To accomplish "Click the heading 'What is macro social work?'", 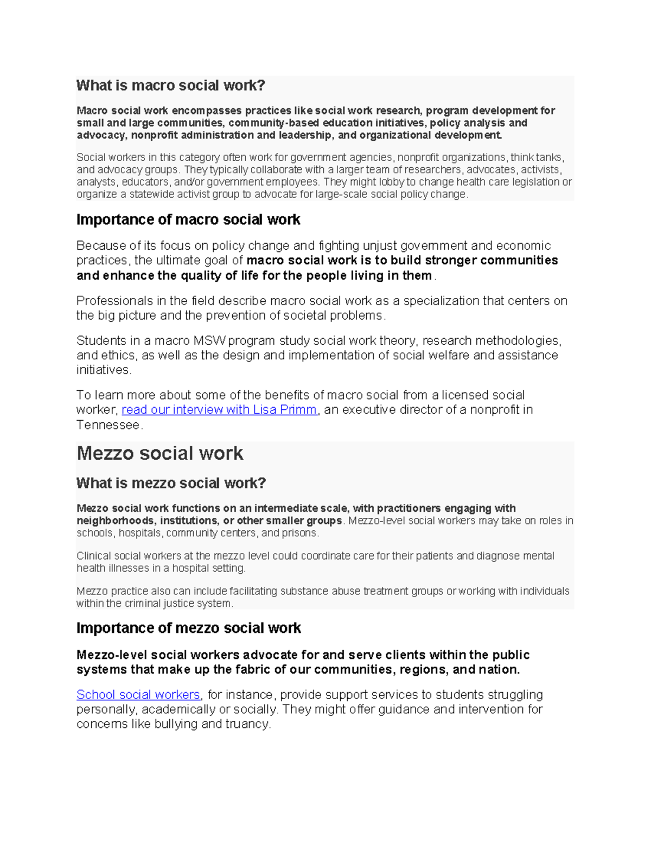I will click(170, 86).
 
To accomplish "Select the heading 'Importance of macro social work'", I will click(188, 220).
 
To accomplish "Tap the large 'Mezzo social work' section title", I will click(159, 453).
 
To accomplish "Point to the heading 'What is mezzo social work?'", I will click(171, 483).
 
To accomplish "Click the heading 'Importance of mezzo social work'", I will click(188, 628).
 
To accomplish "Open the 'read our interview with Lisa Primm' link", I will click(219, 410).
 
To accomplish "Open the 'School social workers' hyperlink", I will click(138, 695).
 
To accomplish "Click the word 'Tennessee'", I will click(108, 425).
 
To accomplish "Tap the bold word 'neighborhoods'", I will click(115, 521).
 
